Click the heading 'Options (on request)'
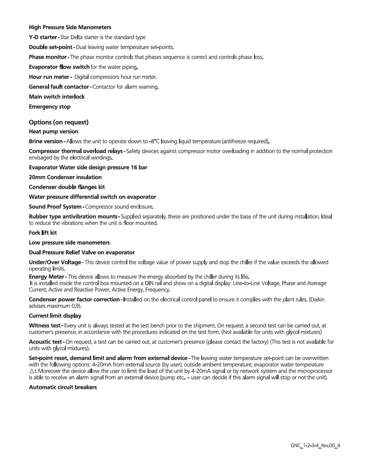click(59, 122)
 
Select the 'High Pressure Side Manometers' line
click(70, 28)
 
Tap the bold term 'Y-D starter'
click(43, 37)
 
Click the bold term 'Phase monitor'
click(48, 57)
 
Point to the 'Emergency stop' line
click(49, 107)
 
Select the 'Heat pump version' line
click(54, 132)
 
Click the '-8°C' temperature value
click(154, 141)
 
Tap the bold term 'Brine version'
click(46, 141)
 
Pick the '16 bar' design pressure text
click(139, 167)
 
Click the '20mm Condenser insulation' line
click(65, 177)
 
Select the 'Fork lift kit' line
click(43, 233)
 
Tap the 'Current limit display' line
click(55, 316)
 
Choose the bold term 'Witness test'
click(45, 326)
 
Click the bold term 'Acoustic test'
click(45, 342)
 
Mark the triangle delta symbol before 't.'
click(32, 371)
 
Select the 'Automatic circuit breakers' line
click(63, 387)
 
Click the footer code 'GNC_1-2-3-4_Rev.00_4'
click(315, 446)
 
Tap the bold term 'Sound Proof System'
click(55, 207)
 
